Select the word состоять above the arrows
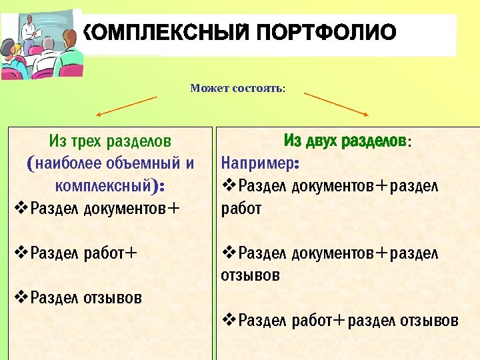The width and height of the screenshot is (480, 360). pyautogui.click(x=259, y=88)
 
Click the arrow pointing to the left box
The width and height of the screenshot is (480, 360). pyautogui.click(x=127, y=106)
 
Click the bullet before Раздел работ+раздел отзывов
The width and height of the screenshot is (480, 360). pyautogui.click(x=228, y=321)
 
